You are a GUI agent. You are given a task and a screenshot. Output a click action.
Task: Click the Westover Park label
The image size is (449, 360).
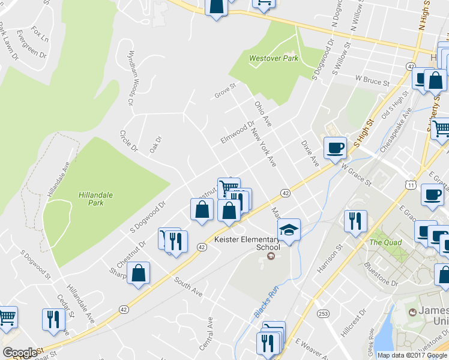[273, 59]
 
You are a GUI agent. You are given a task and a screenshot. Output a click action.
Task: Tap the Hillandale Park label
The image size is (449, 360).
[91, 199]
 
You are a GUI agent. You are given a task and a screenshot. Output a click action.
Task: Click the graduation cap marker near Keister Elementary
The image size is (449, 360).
[289, 230]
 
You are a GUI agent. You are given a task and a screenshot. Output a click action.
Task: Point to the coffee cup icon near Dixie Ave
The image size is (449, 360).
[335, 148]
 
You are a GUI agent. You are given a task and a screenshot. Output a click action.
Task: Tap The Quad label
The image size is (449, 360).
[384, 242]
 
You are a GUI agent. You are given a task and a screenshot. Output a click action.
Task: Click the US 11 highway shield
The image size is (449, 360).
[410, 185]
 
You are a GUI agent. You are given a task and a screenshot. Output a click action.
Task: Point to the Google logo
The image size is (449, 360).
[20, 353]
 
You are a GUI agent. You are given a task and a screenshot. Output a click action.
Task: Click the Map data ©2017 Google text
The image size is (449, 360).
[412, 355]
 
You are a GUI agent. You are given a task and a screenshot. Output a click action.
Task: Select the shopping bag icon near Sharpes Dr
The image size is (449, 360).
[139, 273]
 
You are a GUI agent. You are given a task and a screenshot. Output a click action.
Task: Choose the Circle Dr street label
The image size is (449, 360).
[129, 141]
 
